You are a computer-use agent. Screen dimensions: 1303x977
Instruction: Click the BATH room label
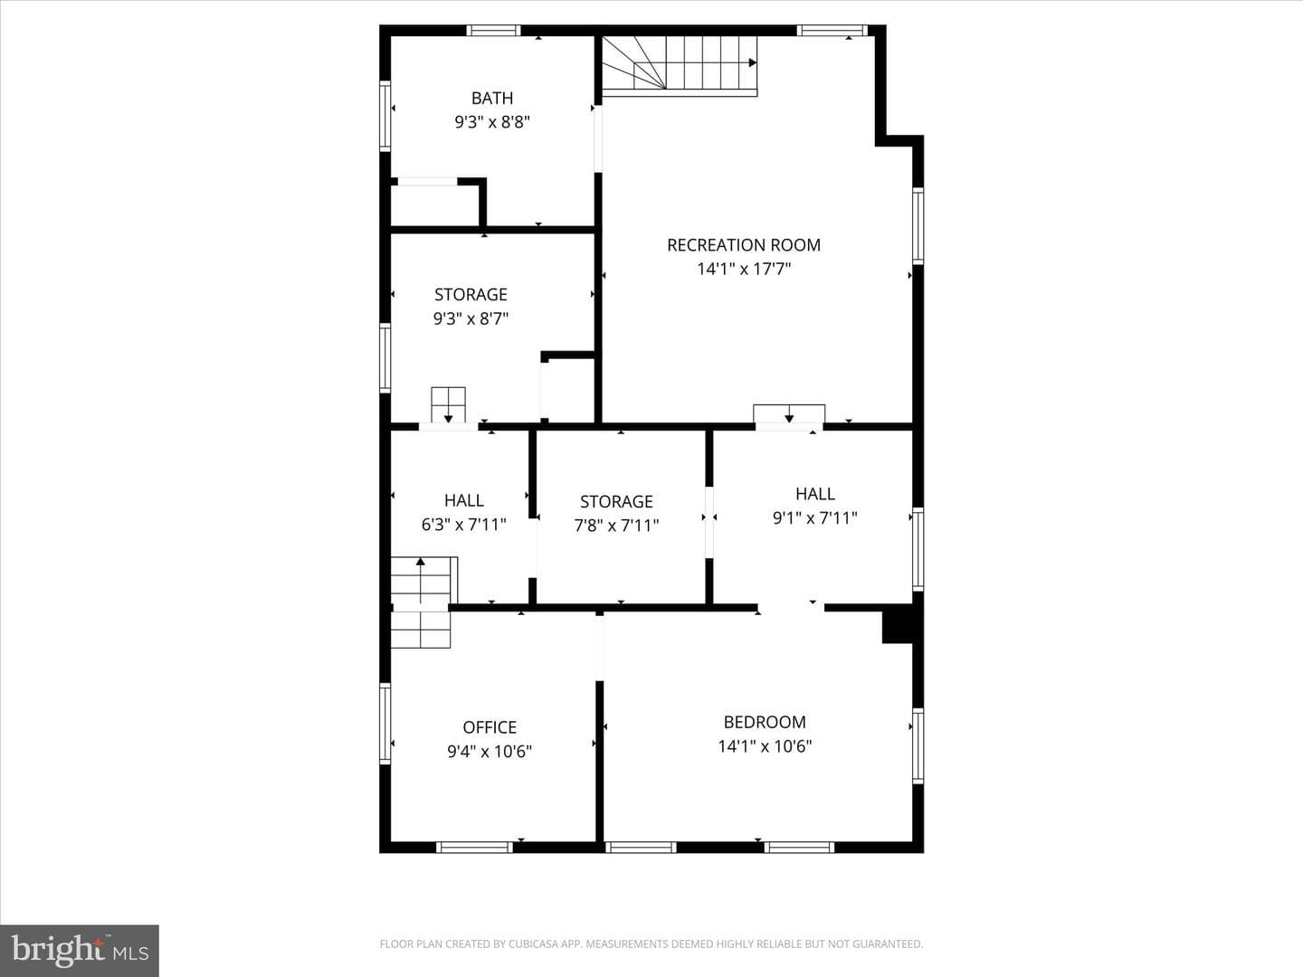click(x=492, y=98)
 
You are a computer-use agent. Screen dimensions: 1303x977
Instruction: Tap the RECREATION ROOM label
click(x=744, y=245)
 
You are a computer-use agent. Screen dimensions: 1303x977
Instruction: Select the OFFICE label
click(x=490, y=727)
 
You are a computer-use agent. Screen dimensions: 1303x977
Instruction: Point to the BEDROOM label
click(x=765, y=722)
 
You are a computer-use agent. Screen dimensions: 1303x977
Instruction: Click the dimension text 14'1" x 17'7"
click(x=744, y=270)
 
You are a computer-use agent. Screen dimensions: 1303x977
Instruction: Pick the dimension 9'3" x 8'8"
click(x=492, y=122)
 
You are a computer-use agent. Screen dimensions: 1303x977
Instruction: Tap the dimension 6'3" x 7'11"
click(x=463, y=525)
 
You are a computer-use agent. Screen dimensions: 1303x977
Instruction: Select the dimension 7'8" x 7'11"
click(x=616, y=526)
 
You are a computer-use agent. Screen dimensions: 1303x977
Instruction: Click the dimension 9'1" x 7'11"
click(x=815, y=518)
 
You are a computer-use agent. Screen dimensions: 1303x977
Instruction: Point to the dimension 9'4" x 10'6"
click(x=490, y=752)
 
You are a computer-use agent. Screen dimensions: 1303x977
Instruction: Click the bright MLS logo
click(x=80, y=951)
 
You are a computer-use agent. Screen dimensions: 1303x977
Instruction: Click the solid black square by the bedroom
click(x=897, y=624)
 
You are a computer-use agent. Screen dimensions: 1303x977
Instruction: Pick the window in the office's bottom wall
click(x=474, y=847)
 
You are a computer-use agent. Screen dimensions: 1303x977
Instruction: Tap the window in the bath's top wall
click(x=493, y=30)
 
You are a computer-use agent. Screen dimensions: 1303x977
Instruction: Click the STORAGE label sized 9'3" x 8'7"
click(x=471, y=295)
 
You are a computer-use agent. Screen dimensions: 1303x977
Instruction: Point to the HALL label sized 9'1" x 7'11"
click(x=815, y=494)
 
